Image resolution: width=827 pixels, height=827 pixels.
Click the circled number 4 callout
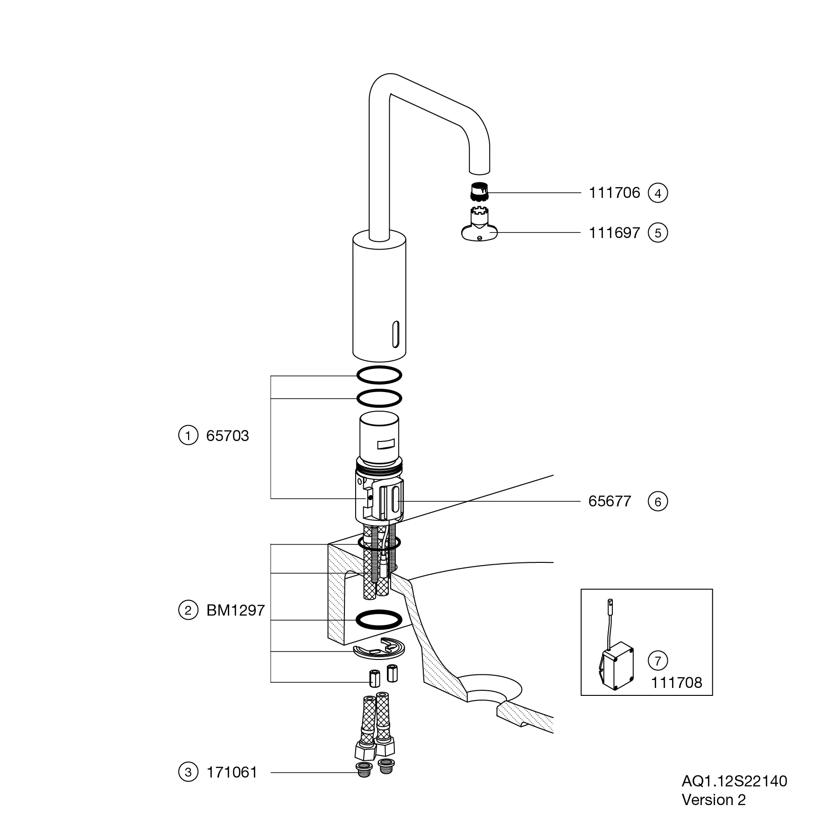(x=658, y=193)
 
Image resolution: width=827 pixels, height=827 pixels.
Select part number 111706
(x=614, y=193)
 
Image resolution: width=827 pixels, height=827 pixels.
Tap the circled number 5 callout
(x=658, y=233)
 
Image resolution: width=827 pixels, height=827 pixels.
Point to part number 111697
(x=614, y=233)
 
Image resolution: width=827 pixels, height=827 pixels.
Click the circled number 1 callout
(x=188, y=436)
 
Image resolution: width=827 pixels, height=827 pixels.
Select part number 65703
(x=228, y=436)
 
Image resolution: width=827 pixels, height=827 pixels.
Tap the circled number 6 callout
(x=658, y=502)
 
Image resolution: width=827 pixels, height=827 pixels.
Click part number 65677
(x=610, y=501)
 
